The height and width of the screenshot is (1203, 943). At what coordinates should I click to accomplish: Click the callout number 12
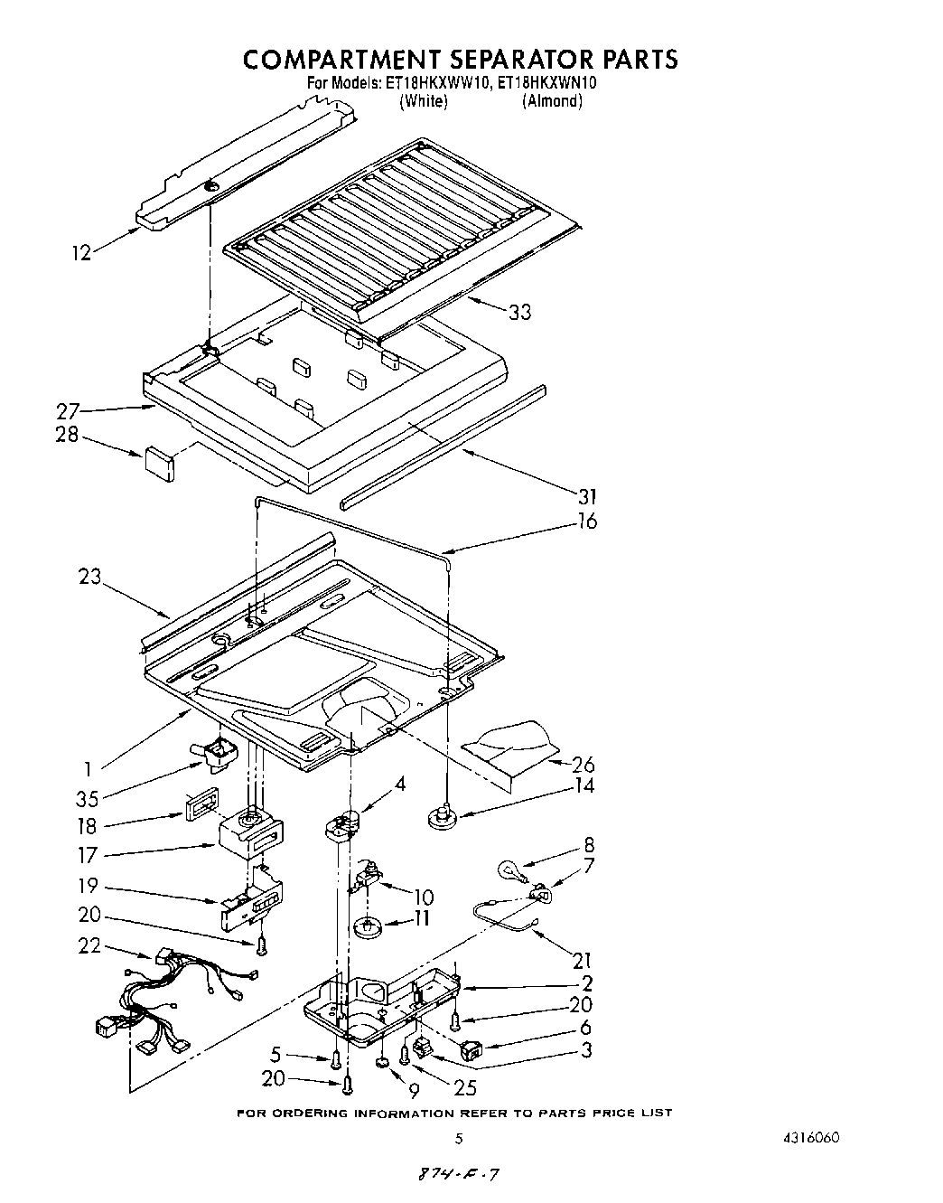(81, 254)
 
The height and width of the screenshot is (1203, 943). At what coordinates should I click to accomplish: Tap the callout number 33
(519, 312)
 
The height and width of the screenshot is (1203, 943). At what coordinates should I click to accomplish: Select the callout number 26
(584, 765)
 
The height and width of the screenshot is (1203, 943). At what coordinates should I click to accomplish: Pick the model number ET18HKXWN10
(547, 83)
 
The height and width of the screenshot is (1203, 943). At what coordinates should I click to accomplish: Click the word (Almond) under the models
(552, 101)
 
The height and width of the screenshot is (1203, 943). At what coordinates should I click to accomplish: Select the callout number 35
(88, 798)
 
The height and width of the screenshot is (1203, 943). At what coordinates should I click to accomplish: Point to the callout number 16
(586, 522)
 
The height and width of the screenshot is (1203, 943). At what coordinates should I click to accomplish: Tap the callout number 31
(586, 496)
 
